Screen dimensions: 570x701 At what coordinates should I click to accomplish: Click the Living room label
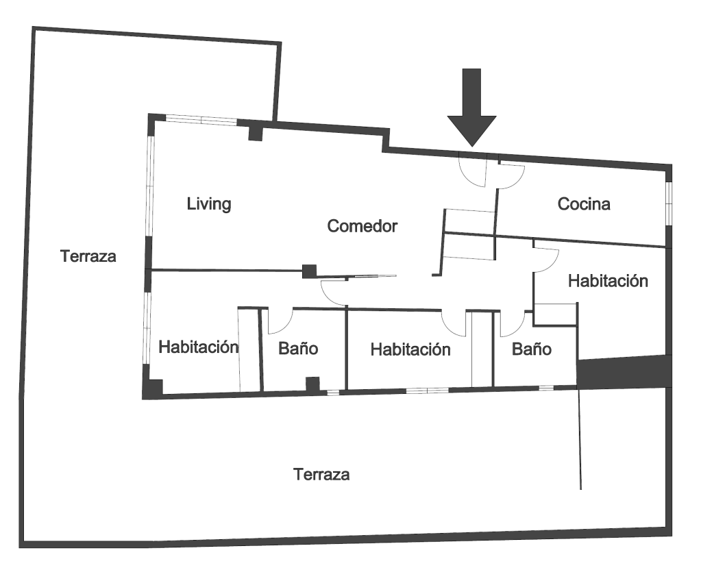click(209, 204)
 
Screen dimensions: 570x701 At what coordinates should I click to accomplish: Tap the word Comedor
click(362, 226)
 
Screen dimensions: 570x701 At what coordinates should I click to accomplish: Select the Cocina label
click(584, 204)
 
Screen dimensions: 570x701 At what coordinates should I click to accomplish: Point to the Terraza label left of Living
click(88, 257)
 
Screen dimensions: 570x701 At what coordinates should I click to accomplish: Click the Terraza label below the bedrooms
click(321, 474)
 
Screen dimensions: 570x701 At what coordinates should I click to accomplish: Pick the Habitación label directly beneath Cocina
click(608, 281)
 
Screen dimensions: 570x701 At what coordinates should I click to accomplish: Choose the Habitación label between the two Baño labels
click(410, 349)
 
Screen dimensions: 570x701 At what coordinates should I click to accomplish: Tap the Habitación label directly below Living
click(198, 347)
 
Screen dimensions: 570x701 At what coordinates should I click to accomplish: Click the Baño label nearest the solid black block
click(532, 349)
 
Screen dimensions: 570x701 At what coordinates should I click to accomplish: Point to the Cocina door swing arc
click(511, 176)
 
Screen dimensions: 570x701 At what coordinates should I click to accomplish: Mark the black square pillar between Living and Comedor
click(310, 271)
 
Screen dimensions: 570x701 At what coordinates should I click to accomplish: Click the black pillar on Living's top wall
click(256, 130)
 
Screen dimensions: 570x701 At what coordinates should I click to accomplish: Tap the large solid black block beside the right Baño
click(621, 372)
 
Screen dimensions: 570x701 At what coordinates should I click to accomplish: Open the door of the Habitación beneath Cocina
click(547, 260)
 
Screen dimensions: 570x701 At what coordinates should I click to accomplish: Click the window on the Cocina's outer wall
click(669, 203)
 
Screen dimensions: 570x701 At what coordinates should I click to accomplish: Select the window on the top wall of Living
click(201, 119)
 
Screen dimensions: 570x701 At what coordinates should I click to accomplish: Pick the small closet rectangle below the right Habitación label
click(555, 314)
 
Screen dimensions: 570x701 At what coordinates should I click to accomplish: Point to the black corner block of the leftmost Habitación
click(152, 387)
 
